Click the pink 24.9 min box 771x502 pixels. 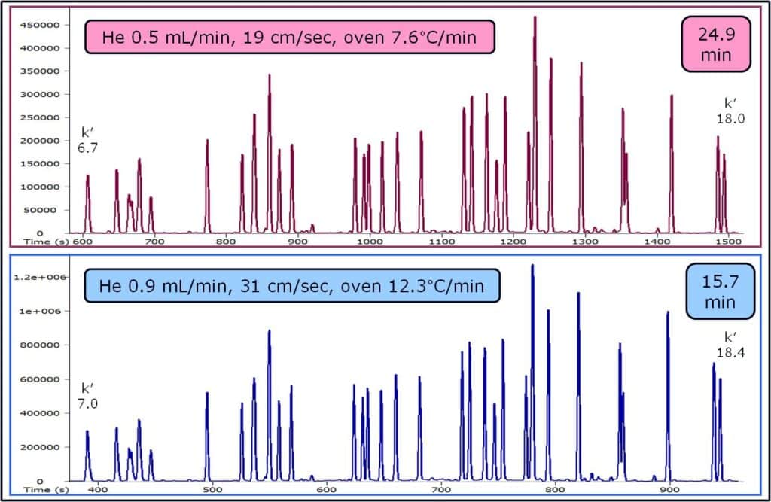point(718,44)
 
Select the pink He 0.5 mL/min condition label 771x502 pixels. point(289,37)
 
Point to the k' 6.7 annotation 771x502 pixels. point(87,138)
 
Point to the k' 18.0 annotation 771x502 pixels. point(730,111)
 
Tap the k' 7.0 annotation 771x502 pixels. point(87,396)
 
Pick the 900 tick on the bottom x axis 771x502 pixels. point(669,489)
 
